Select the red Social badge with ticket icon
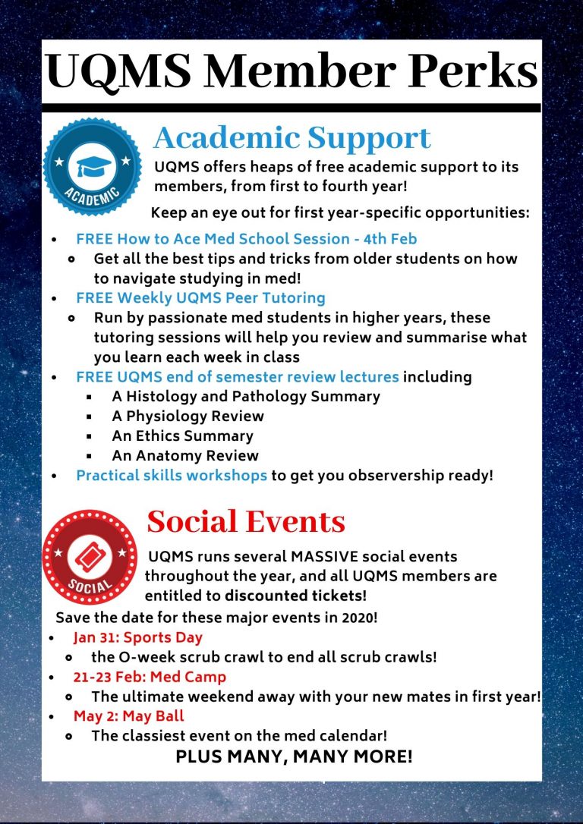(x=90, y=556)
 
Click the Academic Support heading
(x=292, y=137)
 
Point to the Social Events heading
(x=246, y=521)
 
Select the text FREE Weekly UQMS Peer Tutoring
(x=200, y=297)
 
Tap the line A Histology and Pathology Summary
(x=246, y=396)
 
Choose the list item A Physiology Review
(x=188, y=416)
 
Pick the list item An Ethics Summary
(x=182, y=436)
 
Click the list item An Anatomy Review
(x=185, y=456)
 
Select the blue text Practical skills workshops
(x=172, y=476)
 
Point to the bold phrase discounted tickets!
(x=295, y=596)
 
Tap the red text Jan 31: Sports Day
(x=138, y=637)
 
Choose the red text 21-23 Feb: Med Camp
(x=150, y=676)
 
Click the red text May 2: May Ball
(x=129, y=715)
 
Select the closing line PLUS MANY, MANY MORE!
(x=294, y=756)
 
